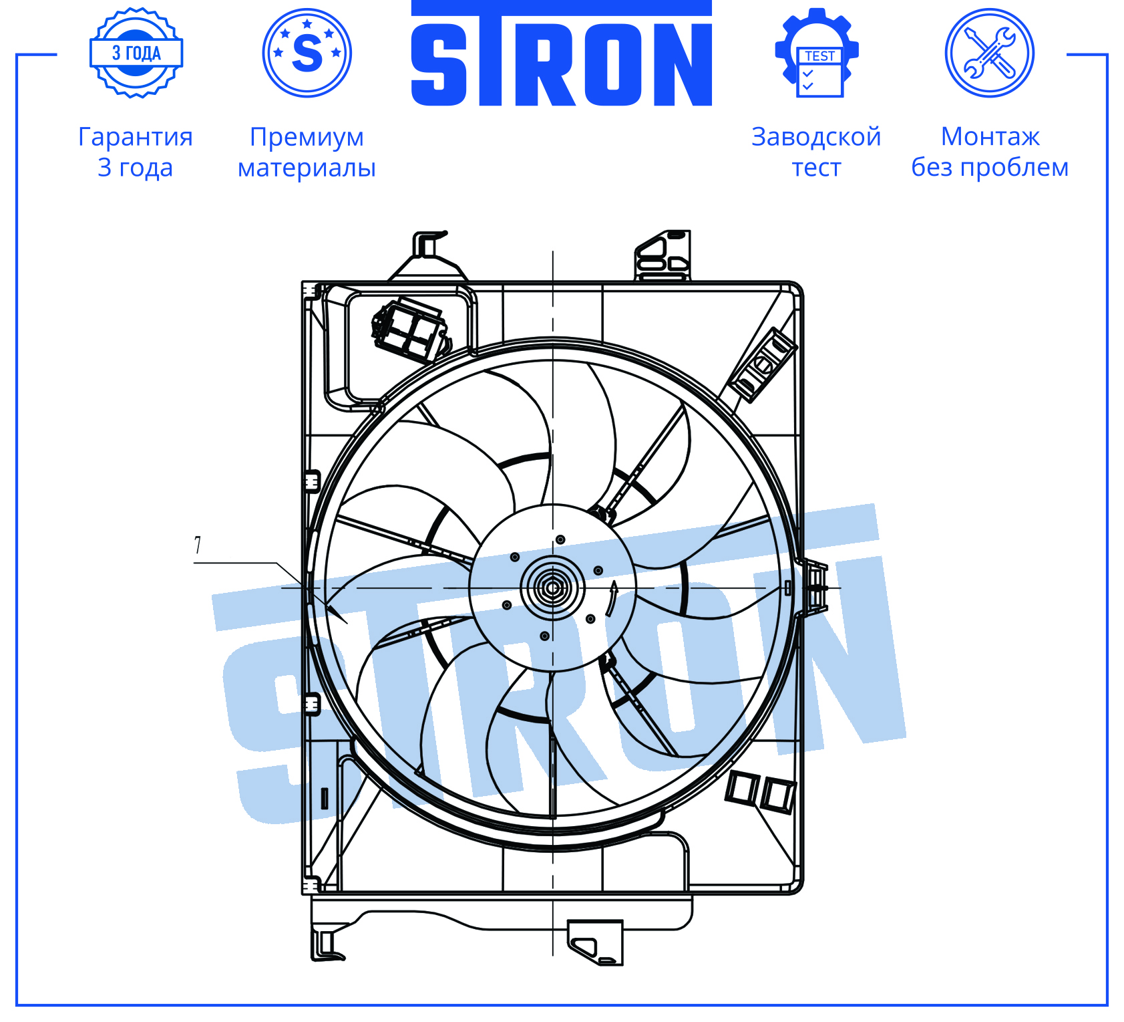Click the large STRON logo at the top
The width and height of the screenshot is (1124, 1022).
561,53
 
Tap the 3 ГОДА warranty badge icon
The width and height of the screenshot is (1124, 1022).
136,53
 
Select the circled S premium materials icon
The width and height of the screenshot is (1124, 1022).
307,53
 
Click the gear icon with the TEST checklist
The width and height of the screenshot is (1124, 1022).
817,53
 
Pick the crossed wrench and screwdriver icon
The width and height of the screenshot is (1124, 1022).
990,53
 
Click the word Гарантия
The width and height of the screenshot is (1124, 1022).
136,137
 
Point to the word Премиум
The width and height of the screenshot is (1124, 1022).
307,137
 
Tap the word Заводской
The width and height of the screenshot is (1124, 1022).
816,137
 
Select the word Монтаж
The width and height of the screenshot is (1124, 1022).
990,137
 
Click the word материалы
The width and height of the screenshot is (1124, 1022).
307,168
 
